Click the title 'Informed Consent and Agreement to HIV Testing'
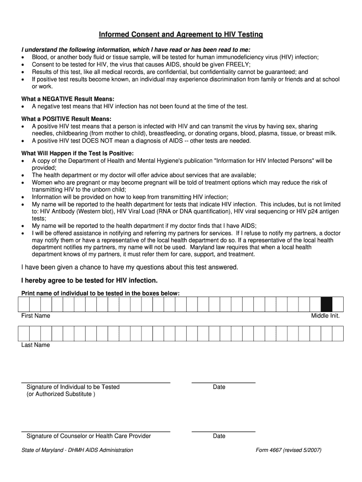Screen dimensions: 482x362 pos(181,35)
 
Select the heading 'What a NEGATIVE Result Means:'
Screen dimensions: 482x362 pos(68,99)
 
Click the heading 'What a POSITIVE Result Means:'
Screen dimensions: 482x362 pos(66,119)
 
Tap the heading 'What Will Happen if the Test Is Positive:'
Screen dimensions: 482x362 pos(78,153)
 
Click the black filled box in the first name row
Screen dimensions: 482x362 pos(326,305)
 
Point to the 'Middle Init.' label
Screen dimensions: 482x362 pos(325,316)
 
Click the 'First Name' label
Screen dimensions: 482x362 pos(36,316)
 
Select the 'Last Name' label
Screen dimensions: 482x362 pos(35,345)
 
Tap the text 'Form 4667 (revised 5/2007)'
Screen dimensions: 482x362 pos(288,450)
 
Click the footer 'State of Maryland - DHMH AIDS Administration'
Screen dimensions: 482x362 pos(77,450)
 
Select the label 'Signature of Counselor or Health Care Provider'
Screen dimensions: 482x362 pos(88,436)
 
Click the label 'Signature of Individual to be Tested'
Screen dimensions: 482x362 pos(73,387)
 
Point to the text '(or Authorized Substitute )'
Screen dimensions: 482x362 pos(61,394)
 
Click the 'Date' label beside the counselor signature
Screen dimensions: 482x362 pos(219,436)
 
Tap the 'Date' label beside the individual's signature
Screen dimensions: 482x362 pos(219,387)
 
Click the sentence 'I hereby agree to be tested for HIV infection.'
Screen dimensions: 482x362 pos(90,281)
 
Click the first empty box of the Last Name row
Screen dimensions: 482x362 pos(24,334)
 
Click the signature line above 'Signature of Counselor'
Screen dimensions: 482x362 pos(95,432)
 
